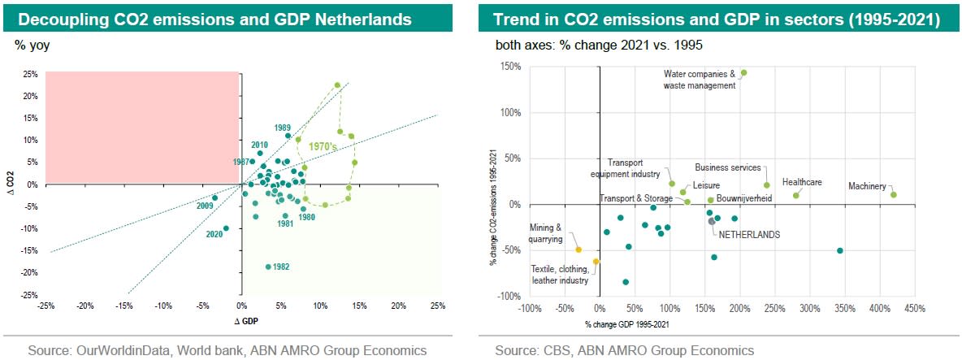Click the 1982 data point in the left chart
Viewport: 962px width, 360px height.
(x=268, y=267)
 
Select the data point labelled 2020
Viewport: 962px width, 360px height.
(x=226, y=228)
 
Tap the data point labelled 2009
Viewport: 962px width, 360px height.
(x=214, y=197)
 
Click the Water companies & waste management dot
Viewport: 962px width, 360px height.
(x=743, y=72)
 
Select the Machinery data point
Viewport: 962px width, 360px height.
(x=893, y=194)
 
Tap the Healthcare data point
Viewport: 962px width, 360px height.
(x=796, y=195)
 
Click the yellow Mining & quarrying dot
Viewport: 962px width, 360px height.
(x=578, y=249)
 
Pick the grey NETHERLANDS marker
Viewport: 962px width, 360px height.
(x=711, y=221)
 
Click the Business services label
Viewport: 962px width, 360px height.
(x=728, y=167)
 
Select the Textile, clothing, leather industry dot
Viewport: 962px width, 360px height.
(x=596, y=262)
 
